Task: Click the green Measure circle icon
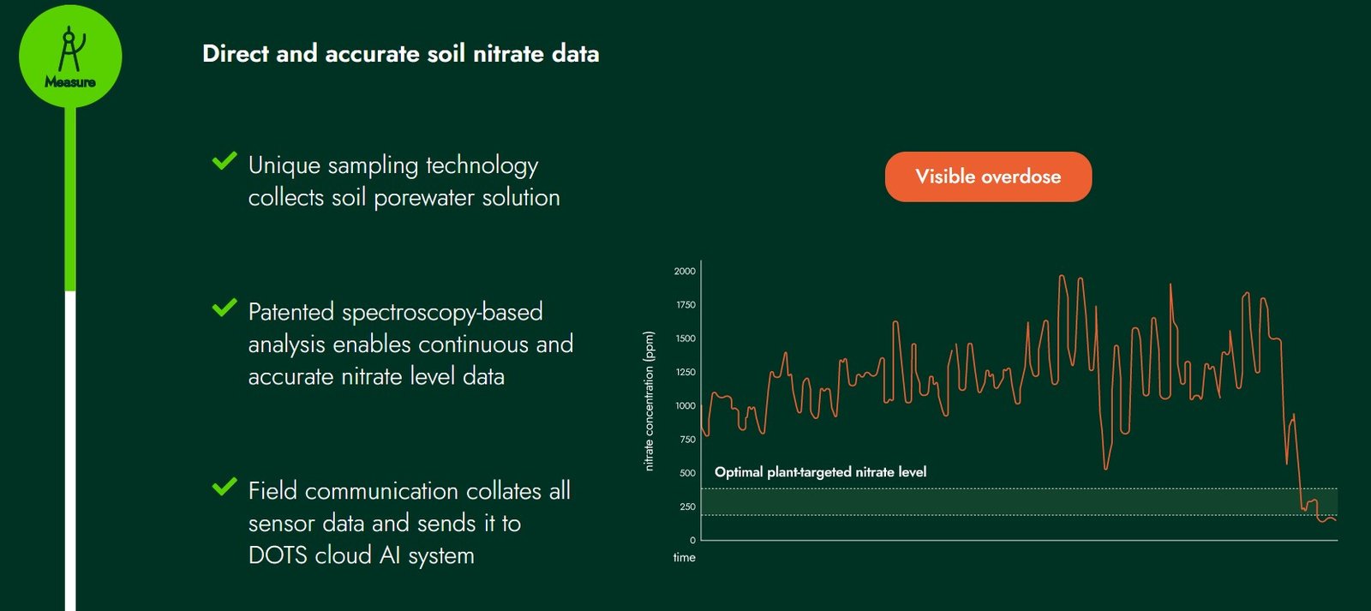(70, 57)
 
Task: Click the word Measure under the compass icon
(70, 82)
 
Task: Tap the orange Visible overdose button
(988, 177)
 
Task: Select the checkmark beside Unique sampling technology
(224, 161)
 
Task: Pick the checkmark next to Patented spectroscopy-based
(224, 308)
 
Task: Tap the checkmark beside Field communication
(224, 487)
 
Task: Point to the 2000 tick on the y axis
(685, 271)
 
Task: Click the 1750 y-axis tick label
(685, 305)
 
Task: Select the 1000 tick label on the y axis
(685, 406)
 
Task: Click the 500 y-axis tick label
(688, 473)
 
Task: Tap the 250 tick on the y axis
(688, 507)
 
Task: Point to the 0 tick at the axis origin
(693, 540)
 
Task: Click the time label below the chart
(685, 558)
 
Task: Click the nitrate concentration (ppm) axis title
(649, 401)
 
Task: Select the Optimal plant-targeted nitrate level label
(820, 472)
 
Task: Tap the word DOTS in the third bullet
(278, 556)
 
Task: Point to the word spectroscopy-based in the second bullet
(442, 313)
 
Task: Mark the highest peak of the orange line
(1062, 276)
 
